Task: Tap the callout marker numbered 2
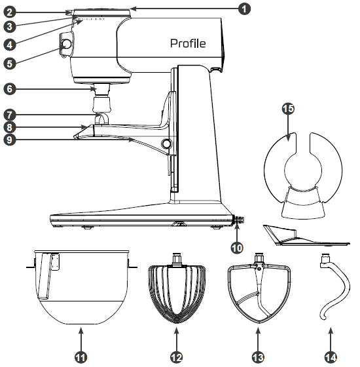8,12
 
